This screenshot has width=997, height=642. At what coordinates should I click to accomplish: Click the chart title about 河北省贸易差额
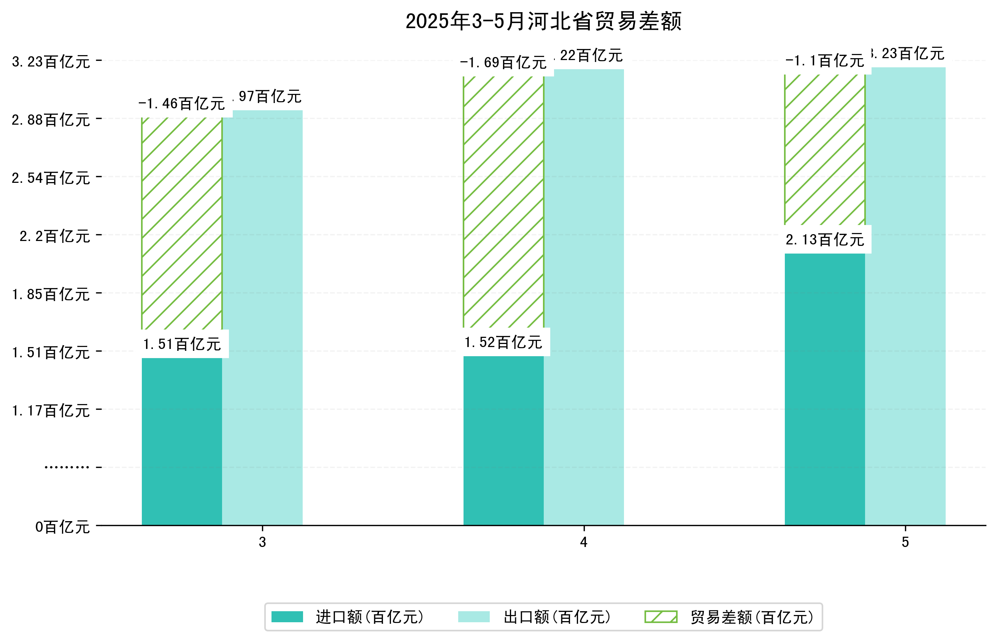543,21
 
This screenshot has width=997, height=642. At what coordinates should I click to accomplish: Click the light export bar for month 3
262,317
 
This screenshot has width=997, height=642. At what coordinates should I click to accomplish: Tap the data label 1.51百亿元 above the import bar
182,344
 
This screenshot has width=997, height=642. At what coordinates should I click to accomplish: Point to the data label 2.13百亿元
824,240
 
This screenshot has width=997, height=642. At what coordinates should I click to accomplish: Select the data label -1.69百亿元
503,63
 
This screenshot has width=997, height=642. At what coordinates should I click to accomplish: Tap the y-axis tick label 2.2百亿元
55,236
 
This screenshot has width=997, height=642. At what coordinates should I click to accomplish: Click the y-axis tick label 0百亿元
62,527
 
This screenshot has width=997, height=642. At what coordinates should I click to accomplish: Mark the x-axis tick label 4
584,542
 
